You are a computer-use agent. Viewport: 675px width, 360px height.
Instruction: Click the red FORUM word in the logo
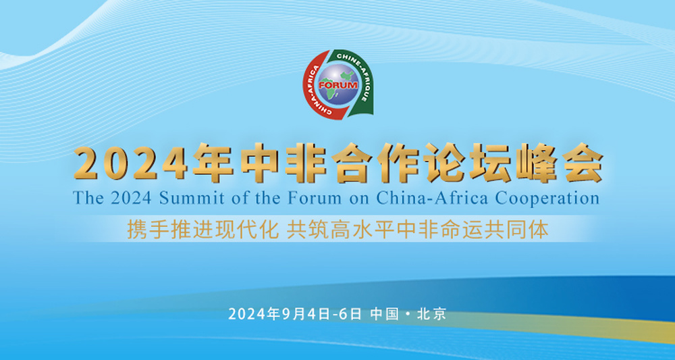pos(338,85)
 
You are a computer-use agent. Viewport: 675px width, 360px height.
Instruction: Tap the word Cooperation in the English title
pos(547,199)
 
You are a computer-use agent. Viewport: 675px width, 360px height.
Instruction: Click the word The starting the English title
pos(88,199)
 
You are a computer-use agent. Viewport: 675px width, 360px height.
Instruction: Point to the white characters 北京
pos(432,314)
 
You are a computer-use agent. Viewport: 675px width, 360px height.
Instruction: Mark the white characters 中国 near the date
pos(384,314)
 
